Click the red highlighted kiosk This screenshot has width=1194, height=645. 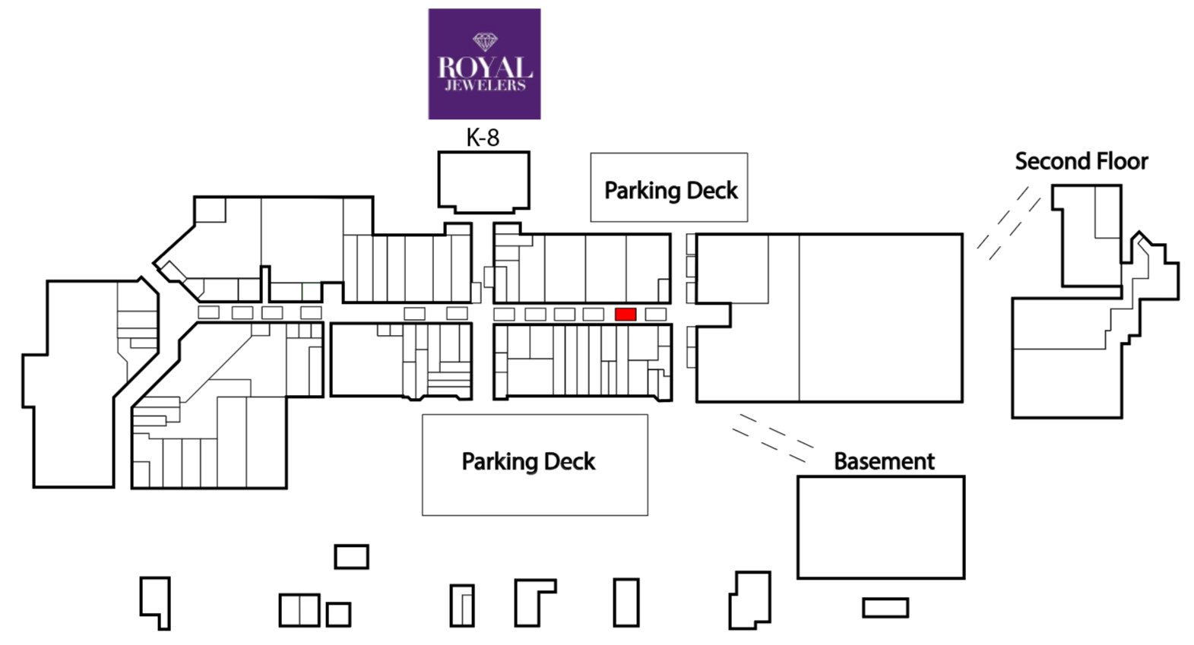626,315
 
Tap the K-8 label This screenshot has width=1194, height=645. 483,138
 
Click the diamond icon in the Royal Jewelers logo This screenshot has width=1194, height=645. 485,43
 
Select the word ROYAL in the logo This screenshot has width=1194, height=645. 485,68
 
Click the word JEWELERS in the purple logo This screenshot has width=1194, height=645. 485,85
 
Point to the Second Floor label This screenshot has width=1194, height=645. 1081,161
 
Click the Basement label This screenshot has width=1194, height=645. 884,461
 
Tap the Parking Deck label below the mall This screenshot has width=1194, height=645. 528,462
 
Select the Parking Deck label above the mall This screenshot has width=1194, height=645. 670,191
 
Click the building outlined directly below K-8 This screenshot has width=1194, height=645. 483,182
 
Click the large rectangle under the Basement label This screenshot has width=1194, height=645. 881,526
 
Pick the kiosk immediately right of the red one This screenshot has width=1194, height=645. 656,315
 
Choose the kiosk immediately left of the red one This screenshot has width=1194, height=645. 594,315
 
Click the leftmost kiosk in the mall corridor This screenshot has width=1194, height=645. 208,312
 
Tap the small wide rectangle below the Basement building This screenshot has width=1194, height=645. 885,608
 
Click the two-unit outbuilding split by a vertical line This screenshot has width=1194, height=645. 299,610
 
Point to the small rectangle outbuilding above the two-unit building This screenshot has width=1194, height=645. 351,557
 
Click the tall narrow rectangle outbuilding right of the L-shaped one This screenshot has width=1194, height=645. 626,602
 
